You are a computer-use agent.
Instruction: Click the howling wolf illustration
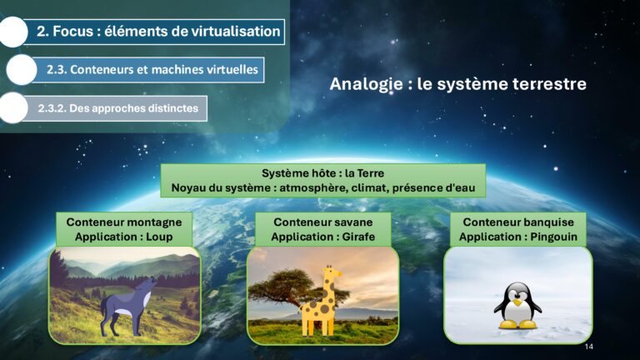pos(127,306)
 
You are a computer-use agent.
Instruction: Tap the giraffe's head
pos(332,272)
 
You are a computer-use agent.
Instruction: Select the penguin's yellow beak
pos(517,302)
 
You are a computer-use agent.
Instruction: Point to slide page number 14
pos(588,347)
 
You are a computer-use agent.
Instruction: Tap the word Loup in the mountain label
pos(160,237)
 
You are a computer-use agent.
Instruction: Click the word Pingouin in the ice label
pos(554,237)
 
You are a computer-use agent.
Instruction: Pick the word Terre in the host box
pos(371,173)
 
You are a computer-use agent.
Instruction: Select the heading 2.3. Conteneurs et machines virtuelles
pos(152,69)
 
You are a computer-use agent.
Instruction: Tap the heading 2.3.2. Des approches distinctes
pos(118,108)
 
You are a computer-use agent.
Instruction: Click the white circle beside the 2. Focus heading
pos(13,32)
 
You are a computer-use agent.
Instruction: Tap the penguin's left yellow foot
pos(508,325)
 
